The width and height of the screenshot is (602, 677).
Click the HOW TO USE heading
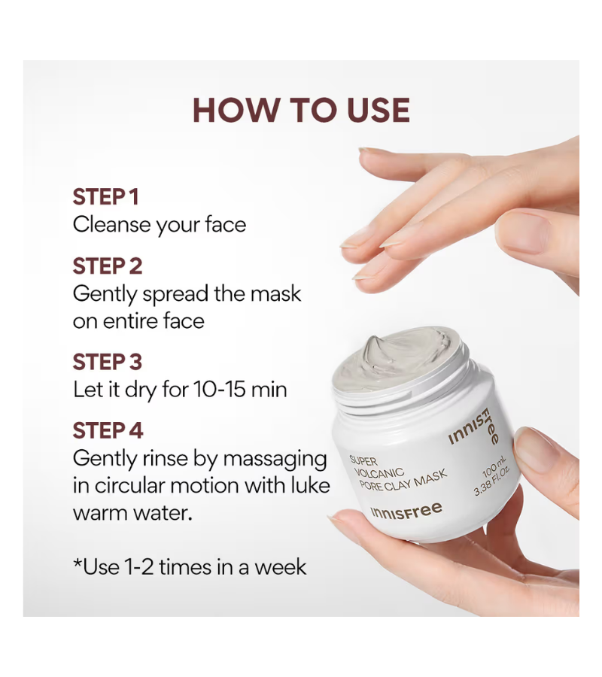(301, 111)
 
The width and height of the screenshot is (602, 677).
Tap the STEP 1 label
(106, 197)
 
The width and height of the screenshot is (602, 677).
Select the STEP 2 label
(108, 266)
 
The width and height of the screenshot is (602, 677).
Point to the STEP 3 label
(108, 362)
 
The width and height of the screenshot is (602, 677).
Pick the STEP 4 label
(108, 430)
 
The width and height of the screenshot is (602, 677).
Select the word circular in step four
(130, 486)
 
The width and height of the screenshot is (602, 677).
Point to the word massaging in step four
(275, 460)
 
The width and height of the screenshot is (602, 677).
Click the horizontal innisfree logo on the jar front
(406, 511)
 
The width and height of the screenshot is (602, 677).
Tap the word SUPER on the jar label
(363, 460)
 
